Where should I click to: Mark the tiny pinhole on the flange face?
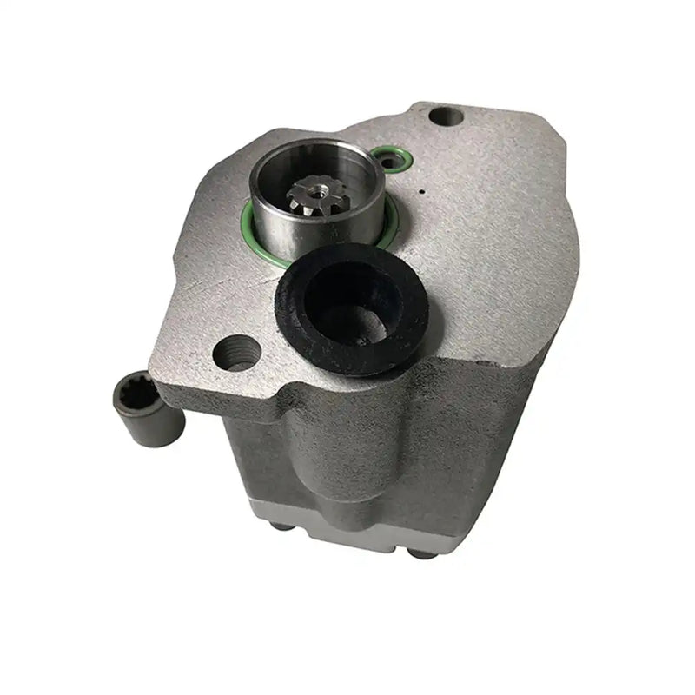pos(421,191)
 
